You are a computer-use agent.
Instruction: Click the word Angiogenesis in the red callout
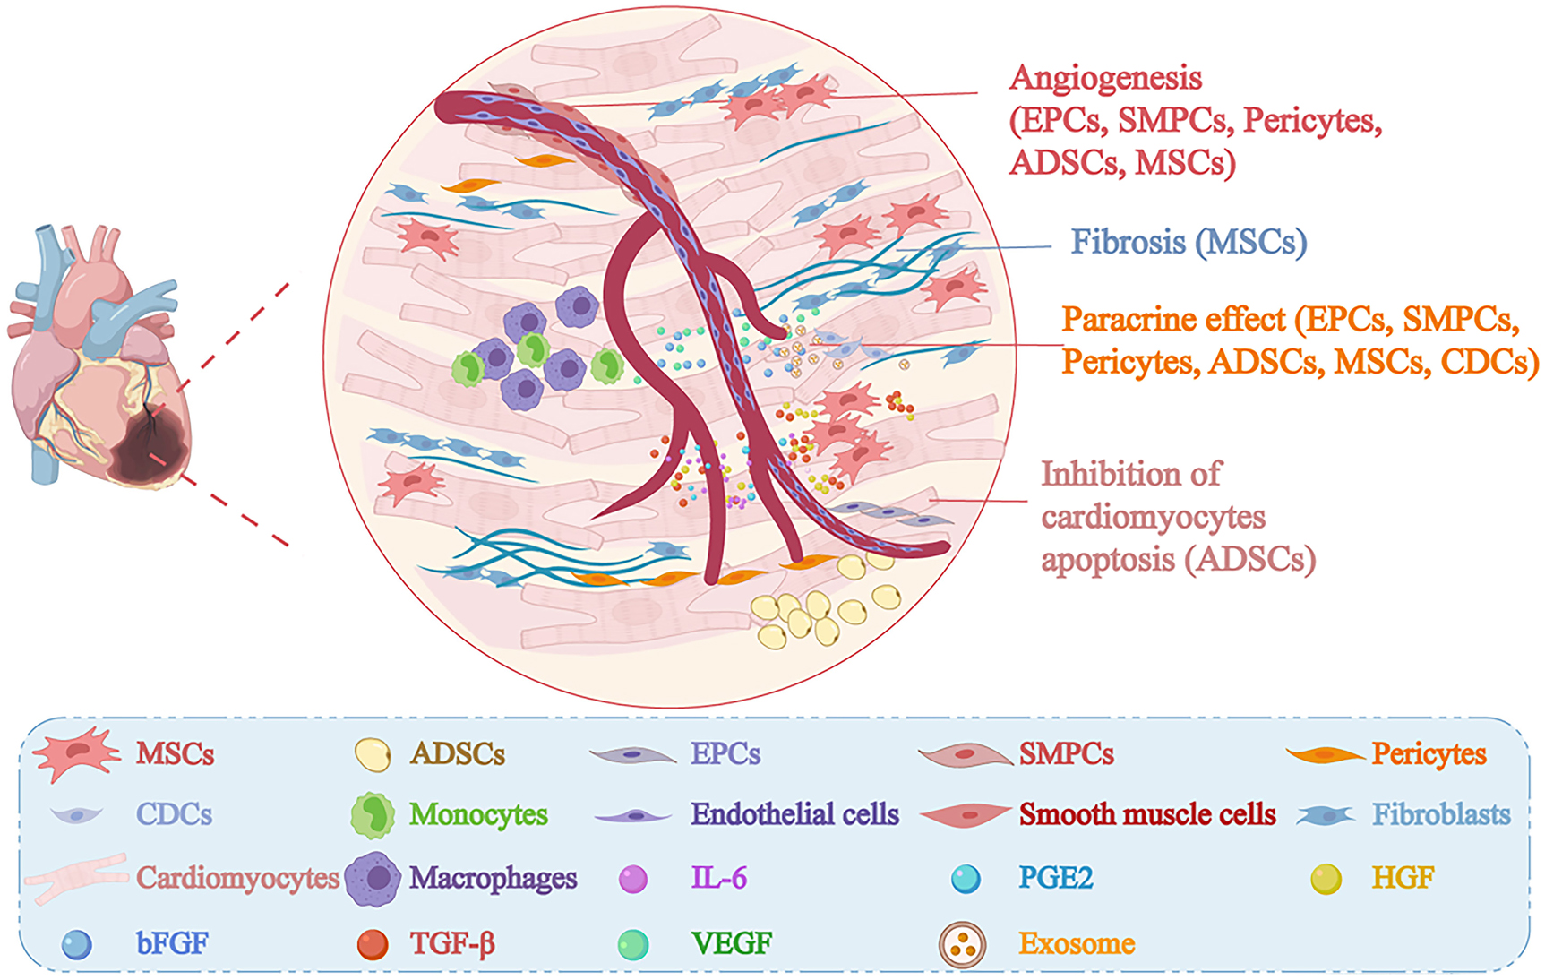point(1105,79)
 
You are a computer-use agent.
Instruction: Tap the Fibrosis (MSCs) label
point(1189,242)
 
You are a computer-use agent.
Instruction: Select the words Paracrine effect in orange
point(1173,320)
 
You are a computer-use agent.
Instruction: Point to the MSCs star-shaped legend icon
point(75,753)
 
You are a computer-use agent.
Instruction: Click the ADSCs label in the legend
point(458,754)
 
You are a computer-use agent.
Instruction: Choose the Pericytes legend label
point(1429,754)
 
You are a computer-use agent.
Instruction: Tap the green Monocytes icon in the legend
point(373,814)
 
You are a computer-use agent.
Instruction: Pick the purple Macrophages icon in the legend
point(373,878)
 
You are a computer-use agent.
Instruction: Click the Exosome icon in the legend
point(962,944)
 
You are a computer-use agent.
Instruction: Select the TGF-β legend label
point(452,944)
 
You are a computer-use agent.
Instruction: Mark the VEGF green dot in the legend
point(633,944)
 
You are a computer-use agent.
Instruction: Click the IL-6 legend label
point(718,878)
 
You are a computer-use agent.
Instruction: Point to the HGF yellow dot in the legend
point(1326,879)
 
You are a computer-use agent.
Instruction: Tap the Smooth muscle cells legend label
point(1147,814)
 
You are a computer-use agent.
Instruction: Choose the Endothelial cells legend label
point(794,814)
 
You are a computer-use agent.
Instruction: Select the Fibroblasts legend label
point(1441,814)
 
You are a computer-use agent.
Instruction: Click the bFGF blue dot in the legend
point(76,944)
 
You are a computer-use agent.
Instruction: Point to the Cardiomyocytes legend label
point(237,878)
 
